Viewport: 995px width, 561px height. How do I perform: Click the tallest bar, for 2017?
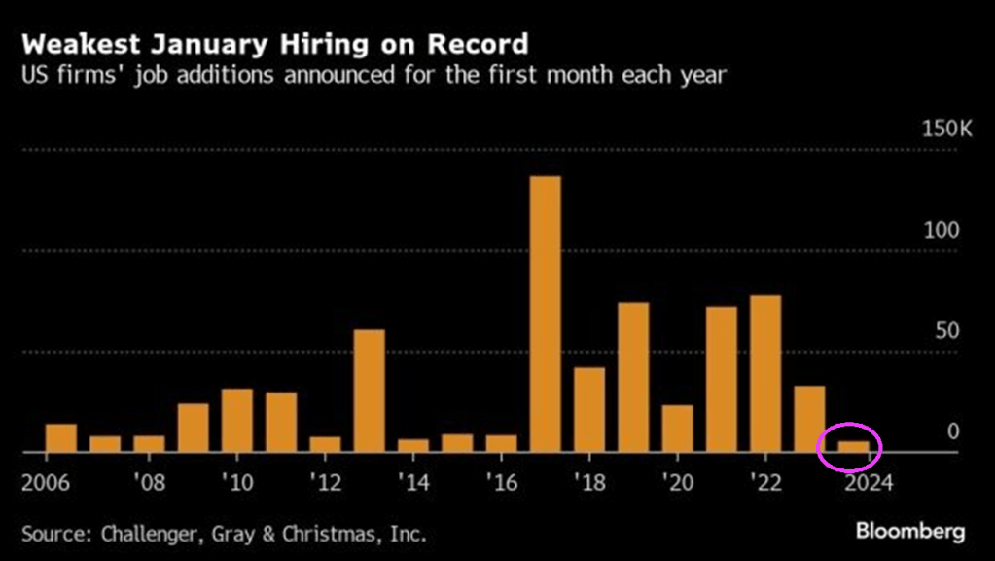click(x=545, y=315)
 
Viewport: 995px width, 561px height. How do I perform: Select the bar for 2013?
click(x=369, y=391)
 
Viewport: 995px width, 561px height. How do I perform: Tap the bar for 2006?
click(x=60, y=438)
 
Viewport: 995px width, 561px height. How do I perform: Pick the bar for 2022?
click(x=765, y=374)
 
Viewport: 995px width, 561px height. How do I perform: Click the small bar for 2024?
click(x=853, y=447)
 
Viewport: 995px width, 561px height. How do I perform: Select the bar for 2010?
click(x=236, y=421)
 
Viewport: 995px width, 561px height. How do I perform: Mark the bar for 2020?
click(x=677, y=429)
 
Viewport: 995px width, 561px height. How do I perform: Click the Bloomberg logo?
click(x=910, y=531)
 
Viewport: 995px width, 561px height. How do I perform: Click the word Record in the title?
click(x=483, y=44)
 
